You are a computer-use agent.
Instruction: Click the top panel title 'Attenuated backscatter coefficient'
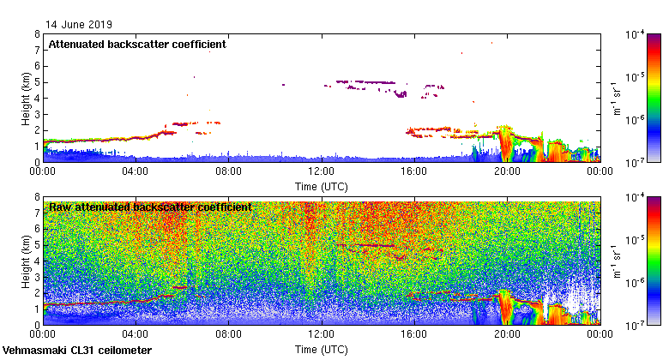tap(137, 44)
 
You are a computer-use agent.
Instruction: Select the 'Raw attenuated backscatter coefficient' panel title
tap(150, 207)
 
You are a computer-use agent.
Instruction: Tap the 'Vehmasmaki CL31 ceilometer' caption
tap(77, 351)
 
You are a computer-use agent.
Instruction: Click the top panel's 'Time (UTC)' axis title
tap(321, 186)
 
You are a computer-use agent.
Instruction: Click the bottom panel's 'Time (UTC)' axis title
tap(321, 350)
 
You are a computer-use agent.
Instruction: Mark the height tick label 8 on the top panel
tap(37, 34)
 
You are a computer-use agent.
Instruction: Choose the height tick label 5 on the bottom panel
tap(37, 245)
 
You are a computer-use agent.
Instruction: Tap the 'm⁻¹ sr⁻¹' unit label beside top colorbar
tap(615, 98)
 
